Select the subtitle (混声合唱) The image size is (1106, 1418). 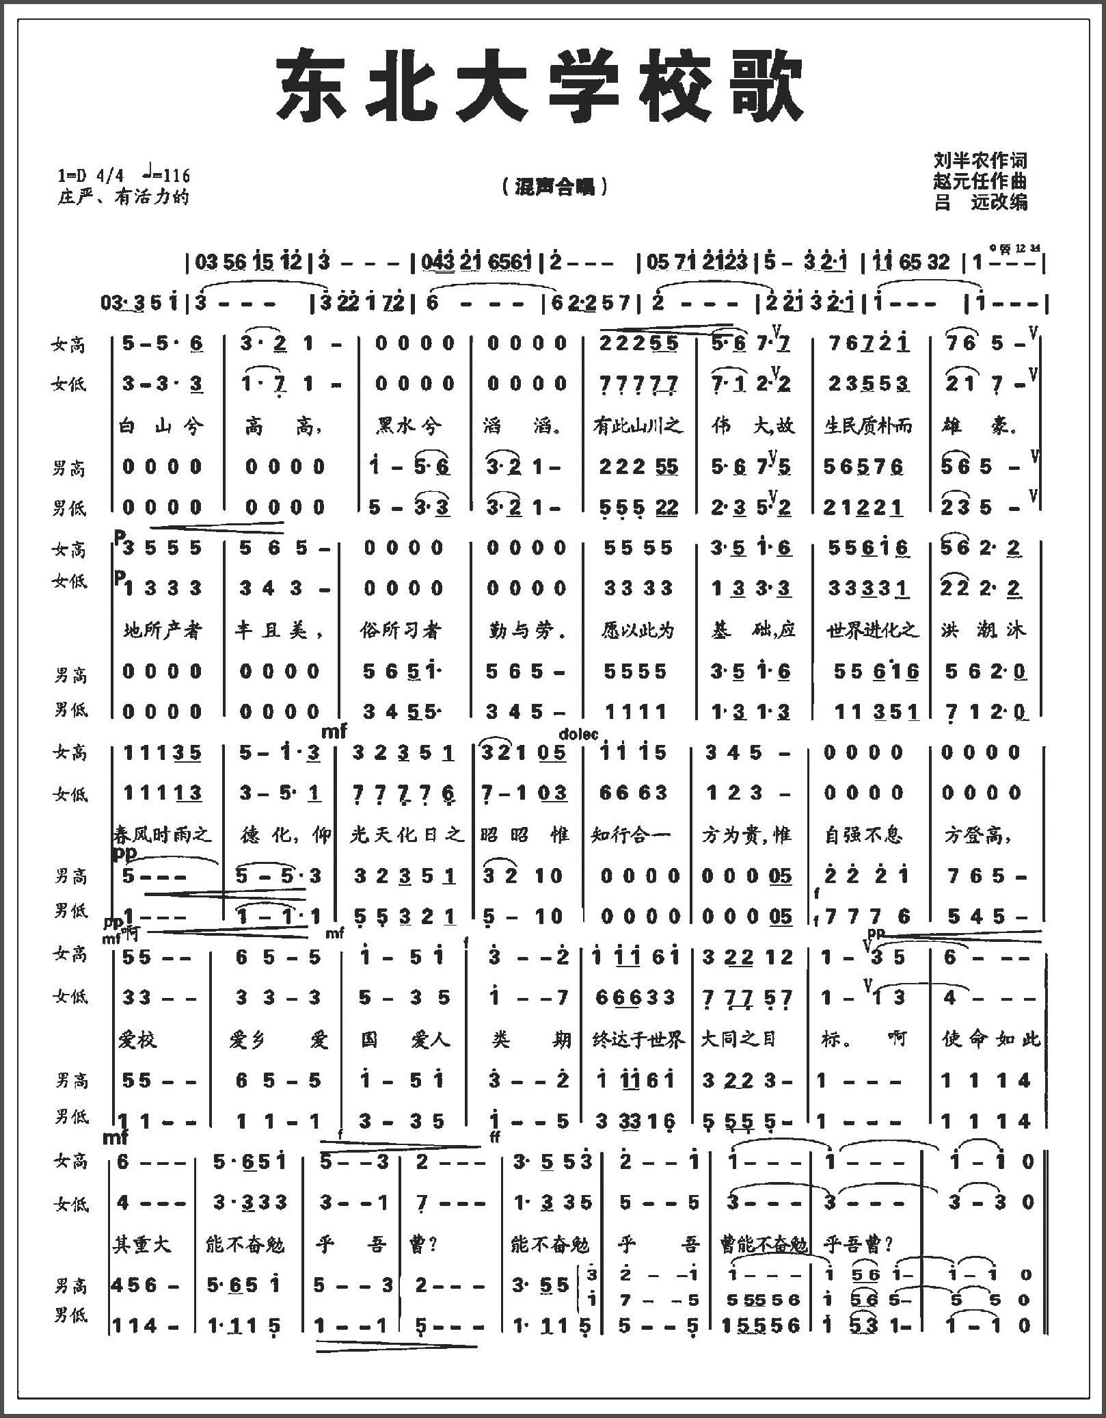[554, 187]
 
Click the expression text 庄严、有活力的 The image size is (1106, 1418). [123, 198]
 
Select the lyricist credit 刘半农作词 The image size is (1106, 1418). [980, 161]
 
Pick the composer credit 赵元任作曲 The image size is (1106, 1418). [980, 181]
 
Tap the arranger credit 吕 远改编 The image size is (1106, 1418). [980, 202]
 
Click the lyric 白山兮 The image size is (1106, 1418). [161, 427]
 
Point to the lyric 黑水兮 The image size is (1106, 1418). [408, 427]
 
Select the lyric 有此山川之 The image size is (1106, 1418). [638, 427]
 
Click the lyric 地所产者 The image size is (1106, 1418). [163, 630]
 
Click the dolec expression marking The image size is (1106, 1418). [578, 735]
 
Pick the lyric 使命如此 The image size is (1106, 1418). [990, 1040]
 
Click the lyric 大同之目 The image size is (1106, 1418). [738, 1040]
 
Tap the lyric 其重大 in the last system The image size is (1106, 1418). [142, 1244]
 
